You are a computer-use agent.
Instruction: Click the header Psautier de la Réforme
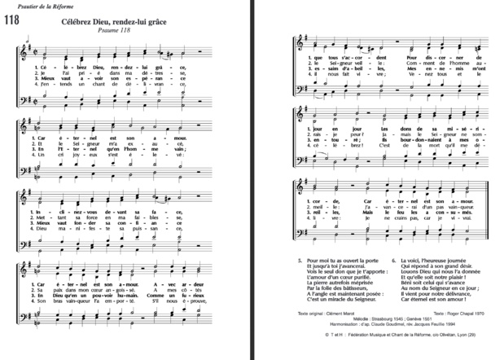34,7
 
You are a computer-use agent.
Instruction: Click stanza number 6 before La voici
392,261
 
